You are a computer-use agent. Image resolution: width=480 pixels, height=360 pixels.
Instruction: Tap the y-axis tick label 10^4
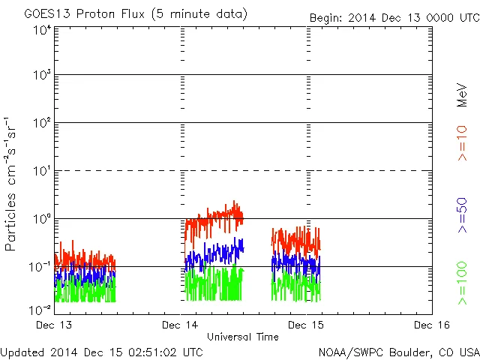pyautogui.click(x=42, y=30)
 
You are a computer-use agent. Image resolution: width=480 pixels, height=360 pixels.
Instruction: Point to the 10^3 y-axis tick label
pyautogui.click(x=42, y=76)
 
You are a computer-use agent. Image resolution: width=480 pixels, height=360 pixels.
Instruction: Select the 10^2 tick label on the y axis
pyautogui.click(x=42, y=123)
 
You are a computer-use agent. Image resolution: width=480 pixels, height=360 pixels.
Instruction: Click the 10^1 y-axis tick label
pyautogui.click(x=42, y=171)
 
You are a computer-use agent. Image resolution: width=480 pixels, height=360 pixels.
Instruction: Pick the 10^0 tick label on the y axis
pyautogui.click(x=42, y=219)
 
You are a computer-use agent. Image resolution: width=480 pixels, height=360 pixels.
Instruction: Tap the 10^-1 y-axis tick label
pyautogui.click(x=40, y=266)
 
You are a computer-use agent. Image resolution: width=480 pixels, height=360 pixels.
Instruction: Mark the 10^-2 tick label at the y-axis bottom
pyautogui.click(x=40, y=309)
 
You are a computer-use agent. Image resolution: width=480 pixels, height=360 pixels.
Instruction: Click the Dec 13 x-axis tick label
pyautogui.click(x=55, y=325)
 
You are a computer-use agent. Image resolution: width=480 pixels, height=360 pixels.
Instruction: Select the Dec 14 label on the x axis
pyautogui.click(x=180, y=325)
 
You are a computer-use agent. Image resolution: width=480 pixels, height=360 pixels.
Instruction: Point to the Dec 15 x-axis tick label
pyautogui.click(x=306, y=325)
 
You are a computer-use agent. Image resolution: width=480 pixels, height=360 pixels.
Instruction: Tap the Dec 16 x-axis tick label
pyautogui.click(x=431, y=325)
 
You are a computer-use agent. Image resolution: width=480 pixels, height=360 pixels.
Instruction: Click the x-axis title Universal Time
pyautogui.click(x=242, y=337)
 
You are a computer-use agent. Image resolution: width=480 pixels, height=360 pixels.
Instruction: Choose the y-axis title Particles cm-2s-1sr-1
pyautogui.click(x=11, y=183)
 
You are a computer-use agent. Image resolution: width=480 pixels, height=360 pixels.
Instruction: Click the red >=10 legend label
pyautogui.click(x=463, y=143)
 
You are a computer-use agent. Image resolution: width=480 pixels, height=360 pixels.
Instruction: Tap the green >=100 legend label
pyautogui.click(x=463, y=283)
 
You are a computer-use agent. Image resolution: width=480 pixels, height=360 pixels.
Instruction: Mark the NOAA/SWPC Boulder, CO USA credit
pyautogui.click(x=397, y=351)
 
